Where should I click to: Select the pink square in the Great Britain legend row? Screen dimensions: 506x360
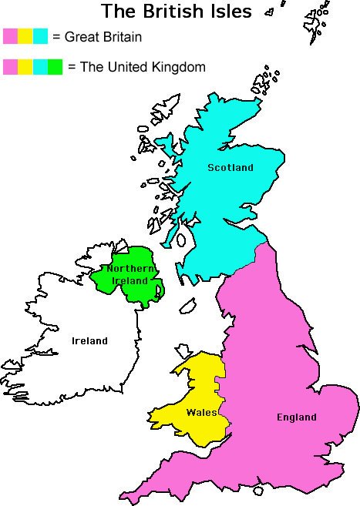coord(10,36)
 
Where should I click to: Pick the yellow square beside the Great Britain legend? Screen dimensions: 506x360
coord(25,36)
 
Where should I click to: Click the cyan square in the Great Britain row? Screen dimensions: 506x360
coord(40,36)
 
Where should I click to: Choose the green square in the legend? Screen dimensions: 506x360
coord(55,67)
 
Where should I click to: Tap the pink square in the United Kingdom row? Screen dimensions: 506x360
coord(10,67)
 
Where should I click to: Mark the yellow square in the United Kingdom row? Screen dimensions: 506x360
coord(25,67)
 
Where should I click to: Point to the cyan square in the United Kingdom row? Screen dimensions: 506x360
coord(40,67)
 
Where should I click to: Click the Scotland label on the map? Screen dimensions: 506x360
coord(230,168)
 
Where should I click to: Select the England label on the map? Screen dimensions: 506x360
coord(297,417)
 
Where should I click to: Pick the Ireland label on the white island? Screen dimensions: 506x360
coord(89,341)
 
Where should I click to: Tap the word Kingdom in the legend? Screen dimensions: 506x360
coord(178,67)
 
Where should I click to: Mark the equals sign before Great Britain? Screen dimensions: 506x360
coord(56,37)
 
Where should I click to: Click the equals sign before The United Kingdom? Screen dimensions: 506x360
coord(72,68)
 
